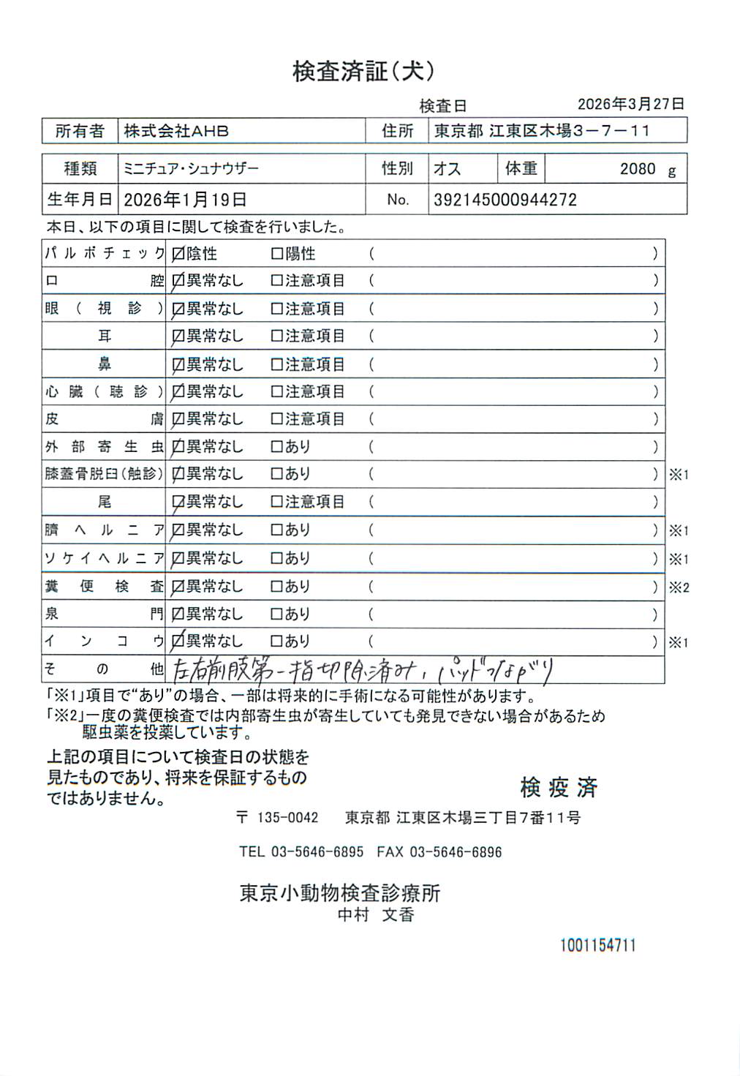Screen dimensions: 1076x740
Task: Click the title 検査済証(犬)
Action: pos(363,71)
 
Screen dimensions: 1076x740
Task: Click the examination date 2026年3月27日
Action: pos(630,104)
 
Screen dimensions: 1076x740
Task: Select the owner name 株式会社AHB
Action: pos(176,131)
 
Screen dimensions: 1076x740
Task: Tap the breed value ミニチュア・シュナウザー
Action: pos(191,169)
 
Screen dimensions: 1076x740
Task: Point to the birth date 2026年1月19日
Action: pos(185,200)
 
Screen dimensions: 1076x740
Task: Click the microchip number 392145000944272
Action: pos(505,200)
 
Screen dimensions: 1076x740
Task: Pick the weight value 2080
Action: pos(638,169)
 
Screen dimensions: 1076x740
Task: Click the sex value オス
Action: pos(447,169)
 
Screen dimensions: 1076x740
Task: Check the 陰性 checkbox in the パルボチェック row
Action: pos(178,255)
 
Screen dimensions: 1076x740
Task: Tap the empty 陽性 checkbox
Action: pos(276,254)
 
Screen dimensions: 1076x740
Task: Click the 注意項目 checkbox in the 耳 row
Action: pos(276,336)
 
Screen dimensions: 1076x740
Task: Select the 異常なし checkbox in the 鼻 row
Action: pos(178,364)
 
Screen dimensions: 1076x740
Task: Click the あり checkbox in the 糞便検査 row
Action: pos(276,587)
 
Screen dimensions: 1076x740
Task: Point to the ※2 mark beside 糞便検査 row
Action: pos(679,587)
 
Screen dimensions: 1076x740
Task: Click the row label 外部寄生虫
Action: pos(105,446)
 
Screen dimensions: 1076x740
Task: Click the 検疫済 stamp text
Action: pos(559,788)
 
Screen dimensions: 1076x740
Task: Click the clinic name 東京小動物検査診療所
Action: pos(340,893)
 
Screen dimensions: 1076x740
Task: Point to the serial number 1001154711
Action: pos(598,945)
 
